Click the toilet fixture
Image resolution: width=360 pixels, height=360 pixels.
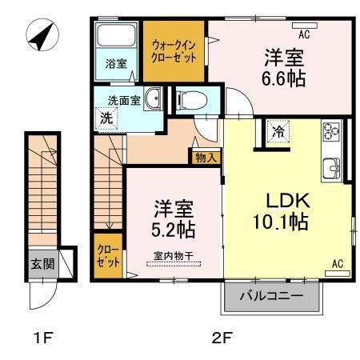(x=190, y=100)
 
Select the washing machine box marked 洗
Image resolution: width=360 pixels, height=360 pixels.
(x=106, y=117)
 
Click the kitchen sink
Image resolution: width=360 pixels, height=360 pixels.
(x=330, y=168)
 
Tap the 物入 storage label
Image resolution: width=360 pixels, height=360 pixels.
(x=206, y=158)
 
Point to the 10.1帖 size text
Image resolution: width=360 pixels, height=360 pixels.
(x=284, y=223)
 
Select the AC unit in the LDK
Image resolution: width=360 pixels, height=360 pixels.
(x=337, y=272)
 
